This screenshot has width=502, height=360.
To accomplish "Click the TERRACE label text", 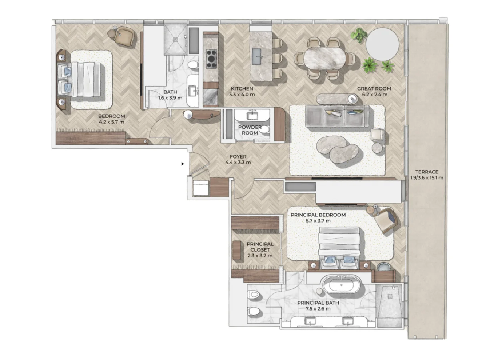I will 427,172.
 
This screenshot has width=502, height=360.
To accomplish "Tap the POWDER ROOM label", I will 250,130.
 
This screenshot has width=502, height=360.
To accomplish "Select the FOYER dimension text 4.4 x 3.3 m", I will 238,163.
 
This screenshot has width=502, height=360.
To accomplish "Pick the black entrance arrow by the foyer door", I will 183,164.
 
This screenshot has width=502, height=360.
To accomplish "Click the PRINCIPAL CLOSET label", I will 260,247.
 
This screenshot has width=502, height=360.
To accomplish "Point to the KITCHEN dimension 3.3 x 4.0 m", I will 242,95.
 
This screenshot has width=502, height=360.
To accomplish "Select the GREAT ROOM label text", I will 374,88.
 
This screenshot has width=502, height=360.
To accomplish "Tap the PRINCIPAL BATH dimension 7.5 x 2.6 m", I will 318,309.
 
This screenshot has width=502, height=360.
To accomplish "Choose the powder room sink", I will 251,116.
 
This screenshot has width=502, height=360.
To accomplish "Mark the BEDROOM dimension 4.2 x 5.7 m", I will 111,122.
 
